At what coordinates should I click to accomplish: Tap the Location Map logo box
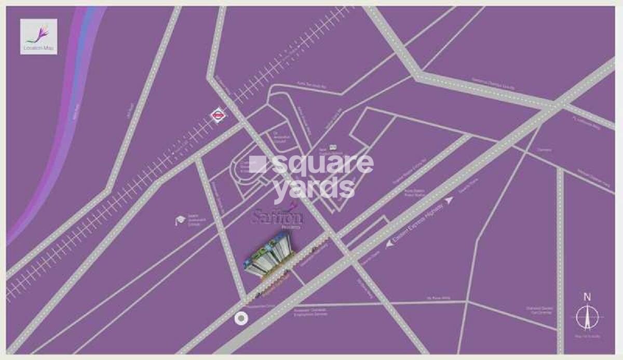[x=38, y=36]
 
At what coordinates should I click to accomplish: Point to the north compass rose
[x=587, y=316]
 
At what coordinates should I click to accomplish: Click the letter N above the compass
[x=587, y=298]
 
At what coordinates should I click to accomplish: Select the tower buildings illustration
[x=269, y=255]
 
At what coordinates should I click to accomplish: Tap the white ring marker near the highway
[x=240, y=319]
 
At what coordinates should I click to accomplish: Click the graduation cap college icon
[x=179, y=220]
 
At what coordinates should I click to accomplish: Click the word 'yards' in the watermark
[x=315, y=188]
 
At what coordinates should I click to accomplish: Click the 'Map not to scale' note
[x=587, y=337]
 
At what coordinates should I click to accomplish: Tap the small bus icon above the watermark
[x=333, y=147]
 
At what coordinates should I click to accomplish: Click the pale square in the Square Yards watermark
[x=258, y=164]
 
